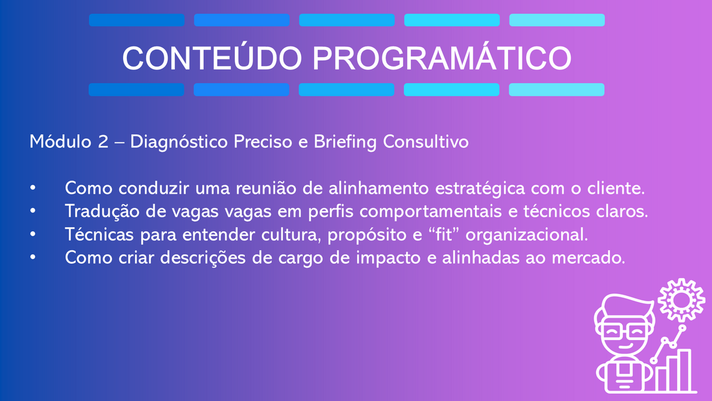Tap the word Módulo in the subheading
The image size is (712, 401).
pos(60,141)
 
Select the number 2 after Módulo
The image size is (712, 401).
pos(103,142)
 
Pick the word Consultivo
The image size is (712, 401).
pos(426,141)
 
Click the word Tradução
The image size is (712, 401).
pos(102,211)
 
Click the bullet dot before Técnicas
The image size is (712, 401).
pos(33,235)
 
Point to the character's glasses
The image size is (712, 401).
pos(625,332)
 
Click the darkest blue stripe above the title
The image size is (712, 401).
pos(137,20)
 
